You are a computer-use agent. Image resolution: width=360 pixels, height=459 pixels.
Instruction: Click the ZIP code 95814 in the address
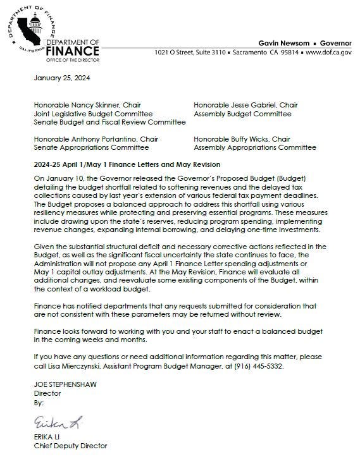pyautogui.click(x=284, y=52)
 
